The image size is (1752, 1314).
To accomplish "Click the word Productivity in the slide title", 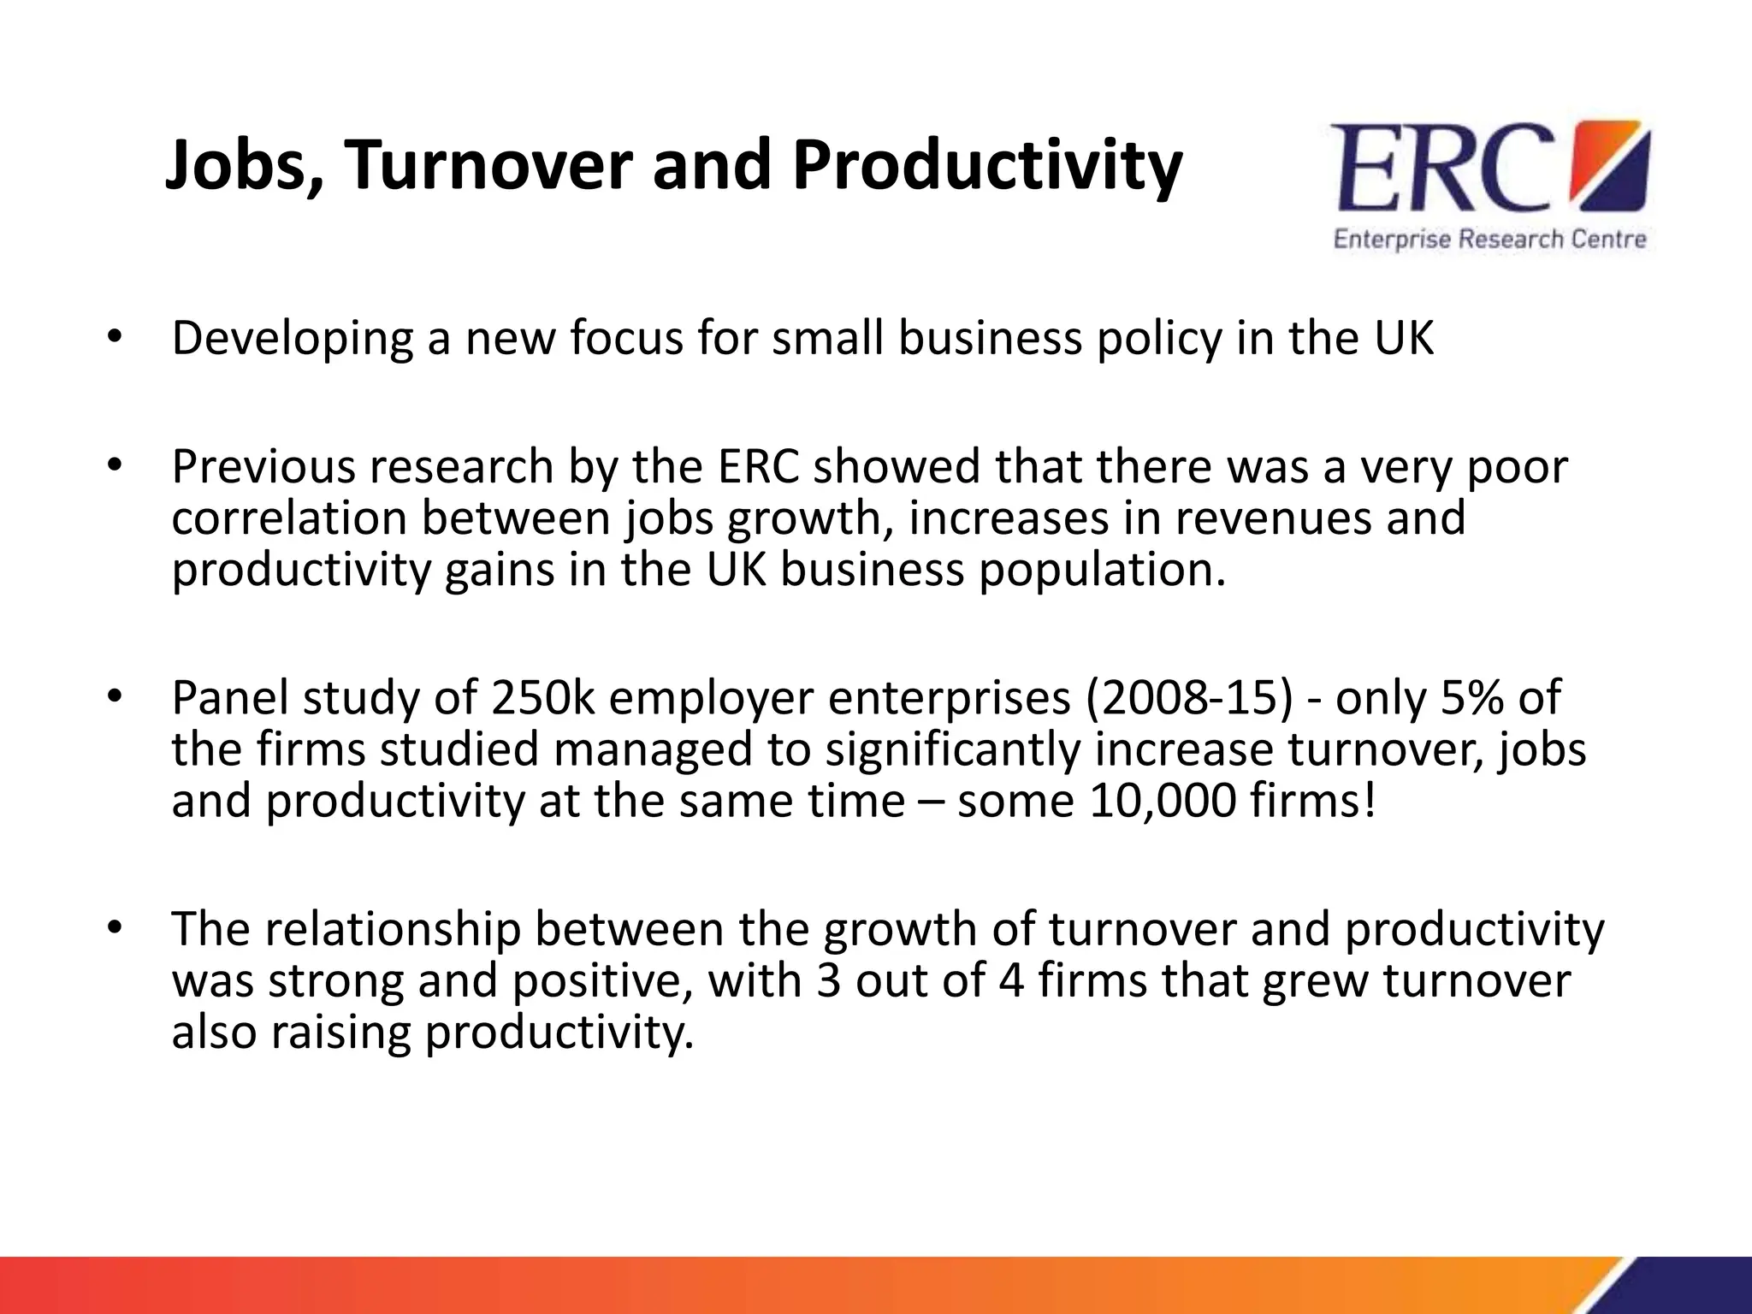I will click(986, 165).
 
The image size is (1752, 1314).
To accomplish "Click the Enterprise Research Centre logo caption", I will click(1489, 239).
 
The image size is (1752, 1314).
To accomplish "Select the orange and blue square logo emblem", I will click(1613, 166).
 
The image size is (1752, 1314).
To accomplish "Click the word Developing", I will click(292, 338).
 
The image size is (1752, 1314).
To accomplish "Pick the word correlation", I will click(288, 518).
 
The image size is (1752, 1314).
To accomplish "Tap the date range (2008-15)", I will click(1190, 698).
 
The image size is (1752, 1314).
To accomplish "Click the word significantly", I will click(952, 749).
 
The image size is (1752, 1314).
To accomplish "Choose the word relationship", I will click(393, 929).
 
